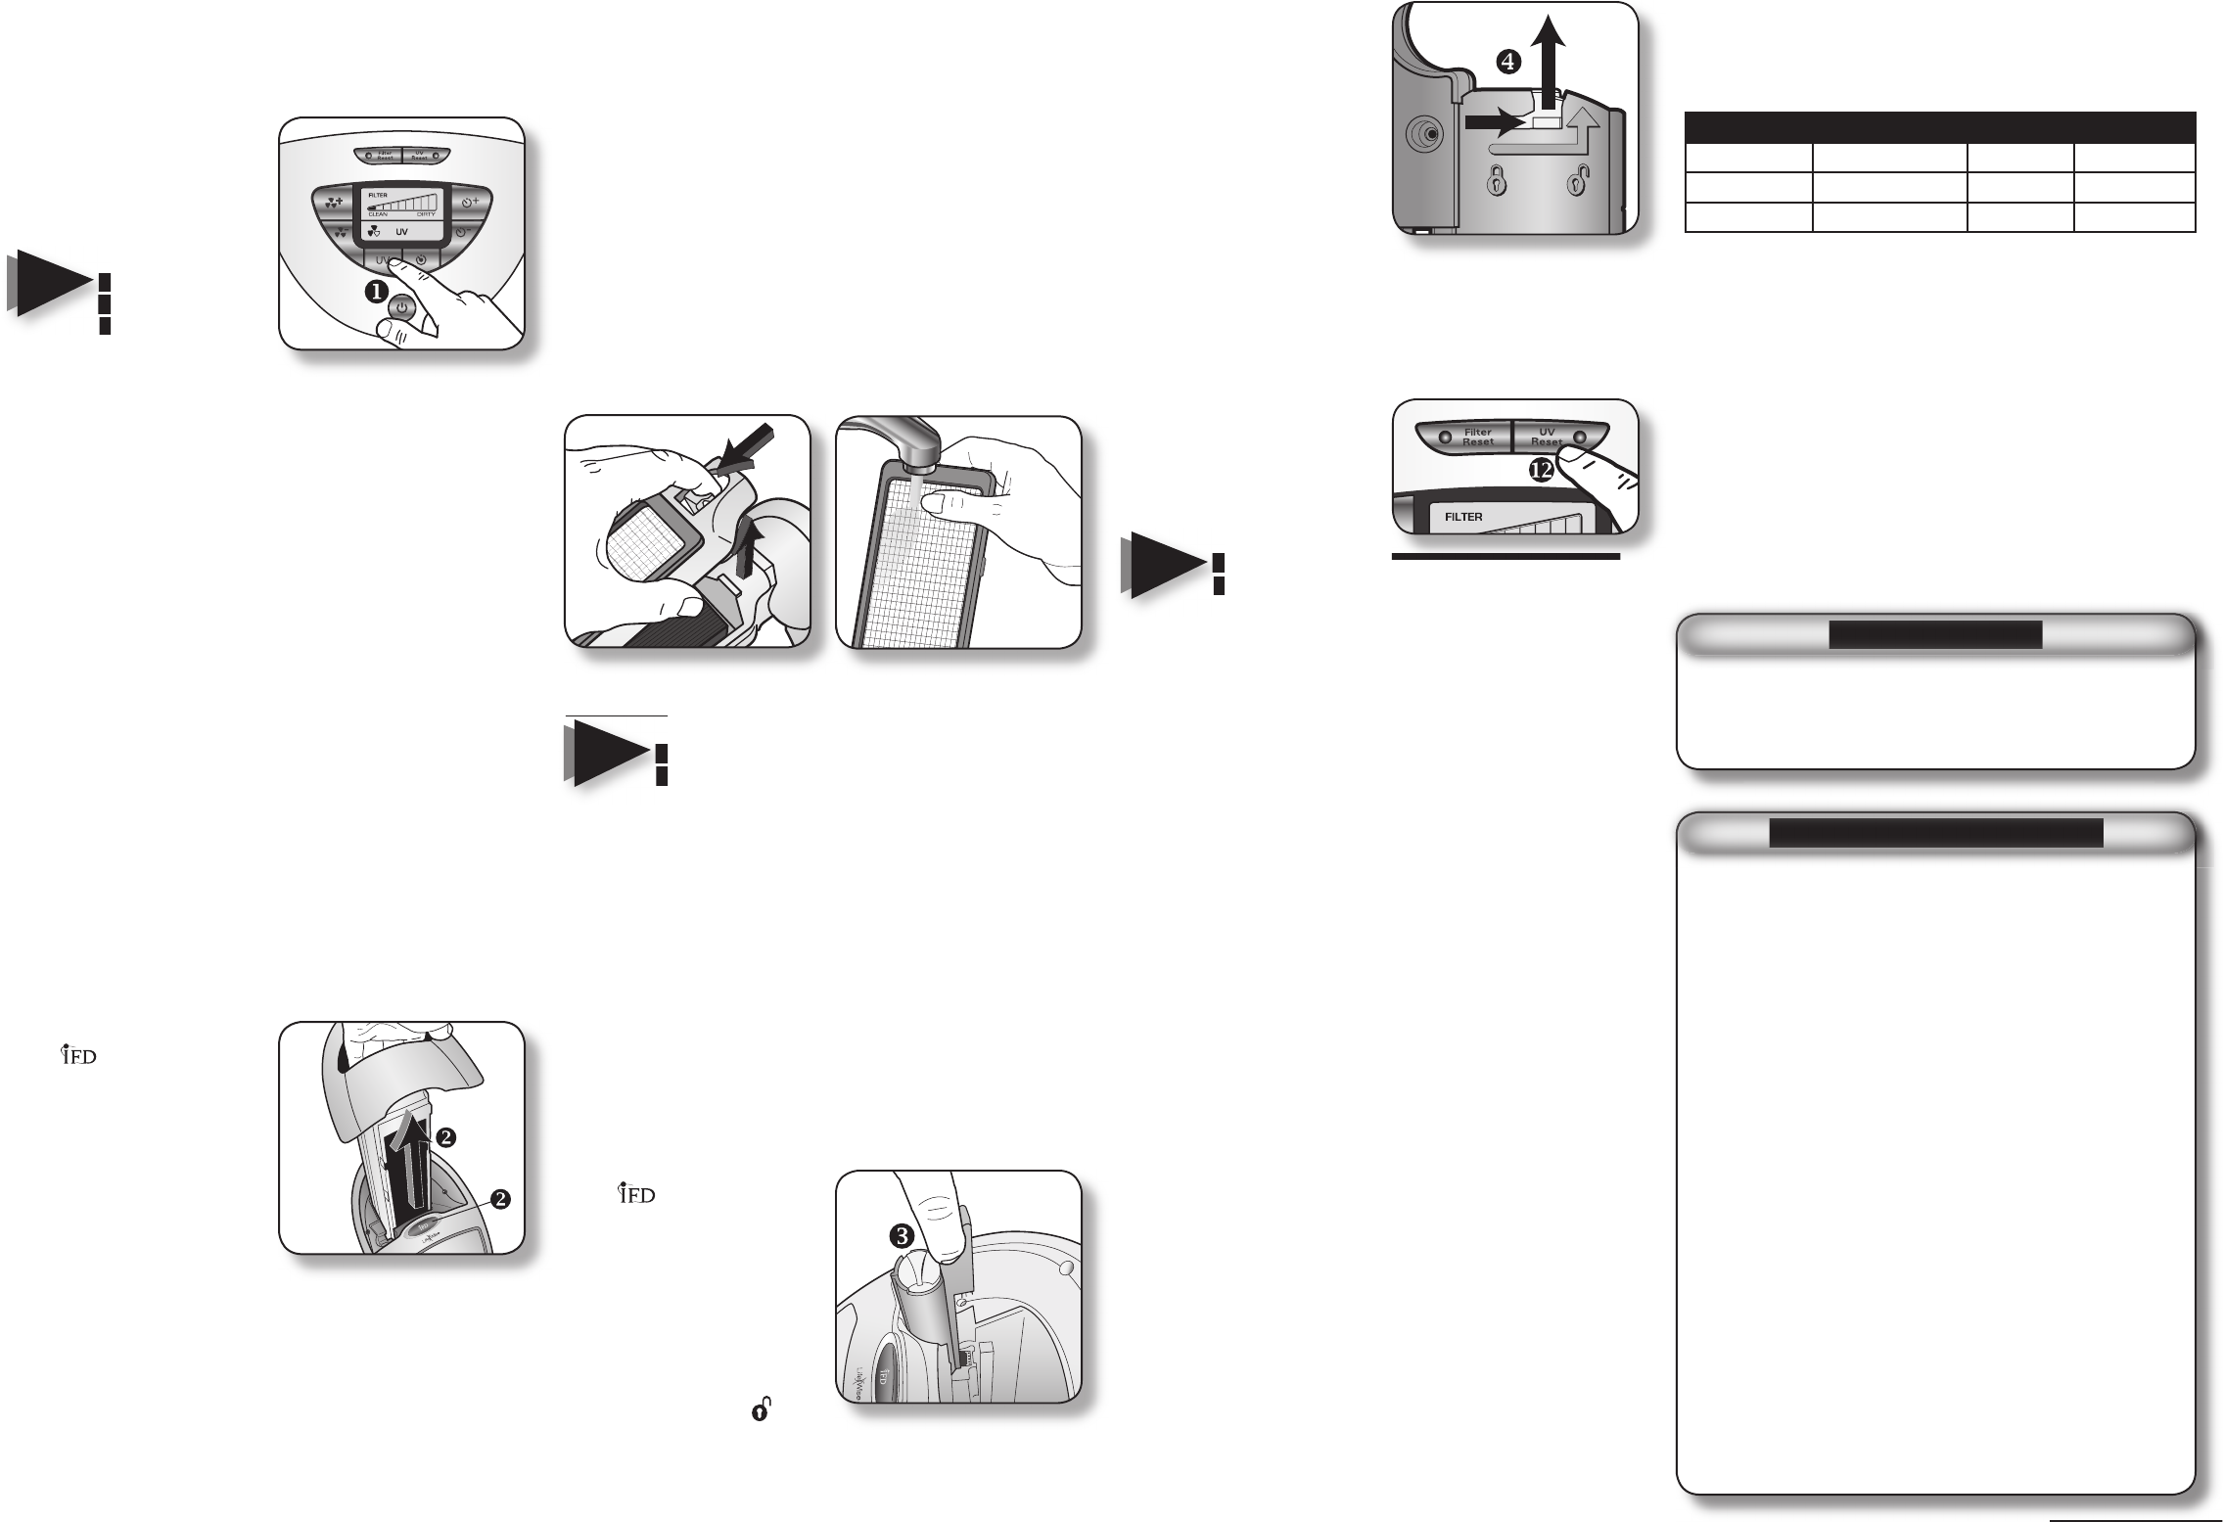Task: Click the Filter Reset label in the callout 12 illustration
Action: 1477,436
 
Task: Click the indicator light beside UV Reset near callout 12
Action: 1577,437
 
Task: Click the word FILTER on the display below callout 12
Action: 1463,516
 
